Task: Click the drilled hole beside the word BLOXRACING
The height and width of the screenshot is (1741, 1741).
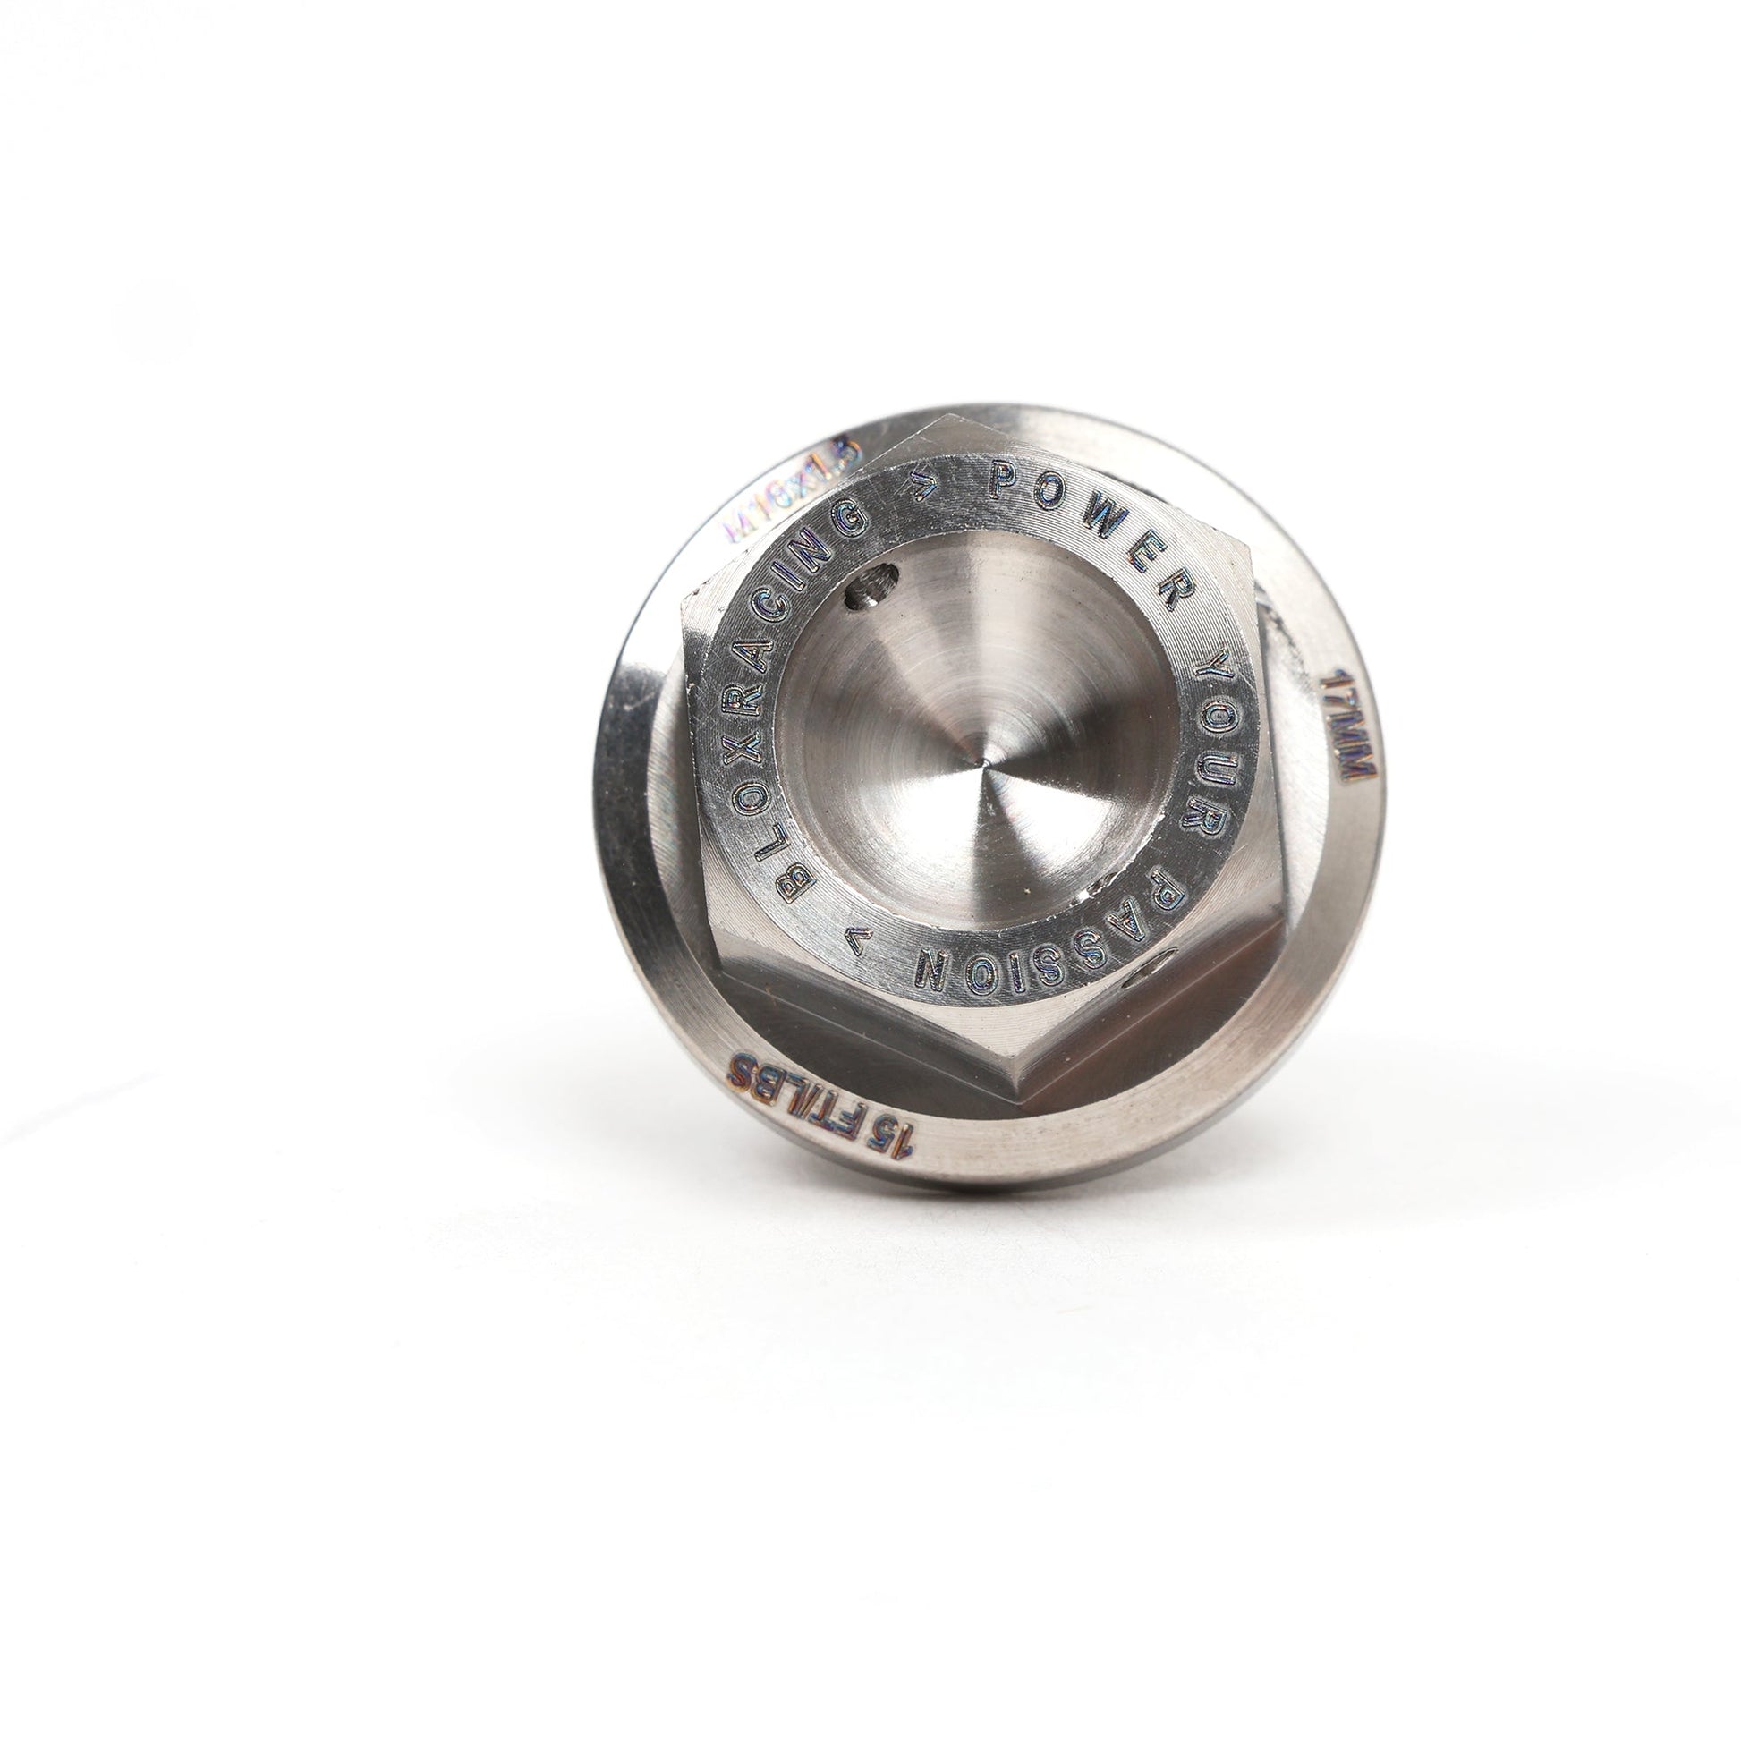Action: [869, 594]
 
